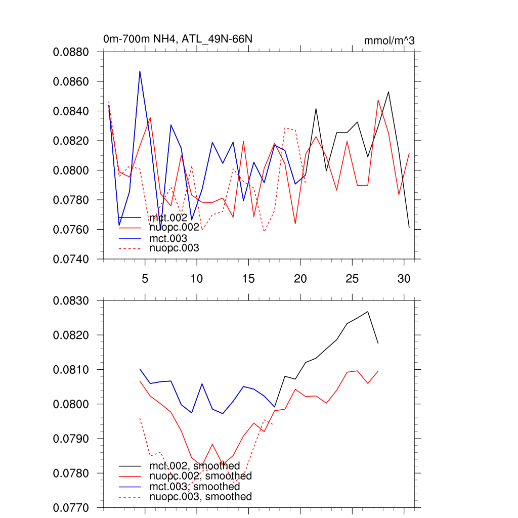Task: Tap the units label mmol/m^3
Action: [389, 40]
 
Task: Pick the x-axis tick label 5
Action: [145, 279]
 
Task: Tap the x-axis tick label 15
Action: [248, 279]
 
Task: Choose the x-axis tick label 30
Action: [403, 279]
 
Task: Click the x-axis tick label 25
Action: [352, 279]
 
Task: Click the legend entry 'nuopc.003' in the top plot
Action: [174, 248]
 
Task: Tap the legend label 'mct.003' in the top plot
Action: [168, 238]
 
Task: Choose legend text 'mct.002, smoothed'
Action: [194, 465]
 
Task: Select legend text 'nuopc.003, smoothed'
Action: [200, 497]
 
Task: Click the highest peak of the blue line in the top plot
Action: [140, 71]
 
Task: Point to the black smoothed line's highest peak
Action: [368, 312]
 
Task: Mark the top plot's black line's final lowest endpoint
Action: [409, 228]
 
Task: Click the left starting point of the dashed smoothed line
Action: [140, 418]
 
